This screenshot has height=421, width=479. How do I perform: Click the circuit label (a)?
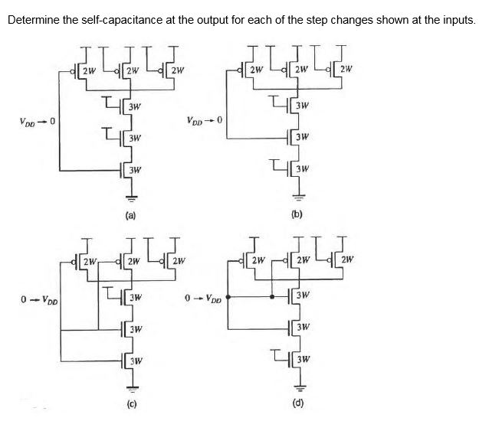(130, 216)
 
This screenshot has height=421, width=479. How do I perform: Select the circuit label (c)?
(130, 403)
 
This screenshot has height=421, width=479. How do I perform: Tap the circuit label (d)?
(299, 403)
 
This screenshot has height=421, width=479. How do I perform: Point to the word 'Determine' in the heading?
(34, 18)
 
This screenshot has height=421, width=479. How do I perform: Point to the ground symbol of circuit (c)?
(130, 385)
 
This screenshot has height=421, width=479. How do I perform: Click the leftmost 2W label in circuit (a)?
(88, 72)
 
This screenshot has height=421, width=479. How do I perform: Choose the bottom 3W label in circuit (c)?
(136, 360)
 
